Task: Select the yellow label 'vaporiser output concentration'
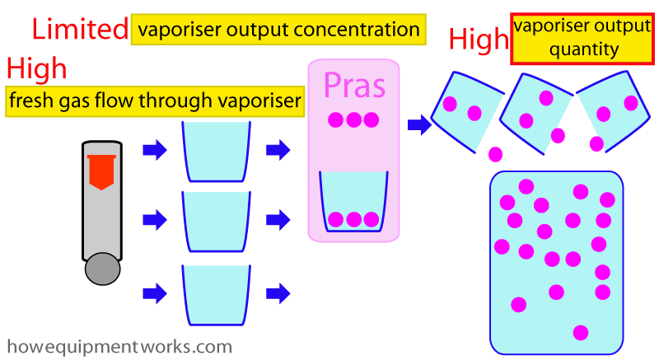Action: pyautogui.click(x=278, y=30)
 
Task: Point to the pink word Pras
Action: pyautogui.click(x=354, y=85)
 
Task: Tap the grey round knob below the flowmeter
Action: pyautogui.click(x=102, y=269)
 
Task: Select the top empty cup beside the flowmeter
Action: pyautogui.click(x=215, y=151)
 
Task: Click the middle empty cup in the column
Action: pyautogui.click(x=215, y=220)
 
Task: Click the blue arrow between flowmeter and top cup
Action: pyautogui.click(x=154, y=150)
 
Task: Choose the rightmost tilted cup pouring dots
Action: pyautogui.click(x=615, y=109)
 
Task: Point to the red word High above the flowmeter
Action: pyautogui.click(x=36, y=68)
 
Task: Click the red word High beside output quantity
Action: pyautogui.click(x=479, y=38)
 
